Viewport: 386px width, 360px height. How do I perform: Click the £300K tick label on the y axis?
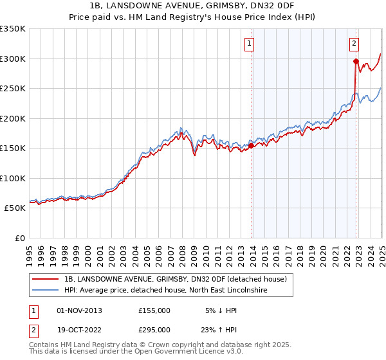[x=13, y=59]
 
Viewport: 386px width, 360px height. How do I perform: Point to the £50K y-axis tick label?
[x=15, y=208]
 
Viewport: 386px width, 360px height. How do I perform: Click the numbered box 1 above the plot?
[x=249, y=44]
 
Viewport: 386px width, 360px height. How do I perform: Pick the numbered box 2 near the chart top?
[x=354, y=44]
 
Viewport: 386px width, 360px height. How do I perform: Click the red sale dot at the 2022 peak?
[x=356, y=62]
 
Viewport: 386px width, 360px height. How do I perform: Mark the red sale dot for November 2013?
[x=252, y=145]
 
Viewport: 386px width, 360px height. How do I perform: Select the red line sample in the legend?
[x=46, y=279]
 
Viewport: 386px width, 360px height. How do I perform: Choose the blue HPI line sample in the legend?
[x=46, y=291]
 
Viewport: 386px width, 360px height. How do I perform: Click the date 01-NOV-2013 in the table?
[x=80, y=310]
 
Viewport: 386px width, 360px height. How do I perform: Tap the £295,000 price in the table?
[x=154, y=330]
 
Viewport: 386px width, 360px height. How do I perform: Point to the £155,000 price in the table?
[x=154, y=310]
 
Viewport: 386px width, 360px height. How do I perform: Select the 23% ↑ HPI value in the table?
[x=218, y=330]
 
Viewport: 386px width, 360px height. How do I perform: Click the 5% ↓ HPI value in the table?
[x=221, y=310]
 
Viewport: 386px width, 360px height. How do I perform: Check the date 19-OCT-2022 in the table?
[x=80, y=330]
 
